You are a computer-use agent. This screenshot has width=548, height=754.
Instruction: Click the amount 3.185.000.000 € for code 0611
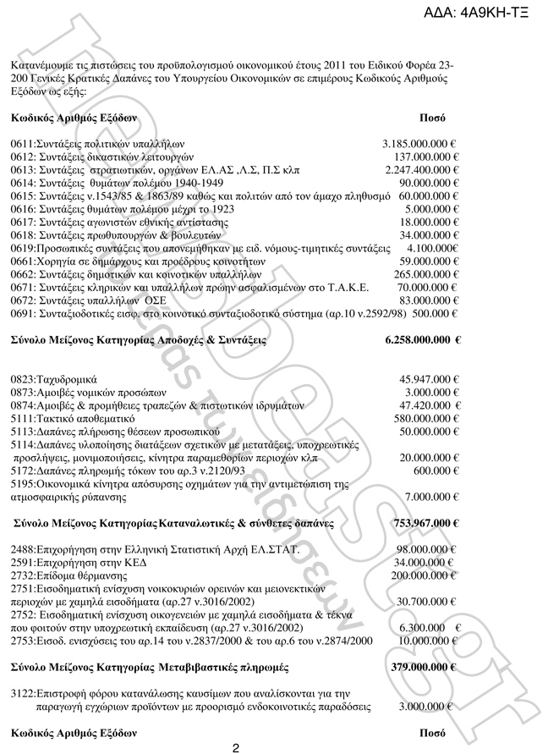419,145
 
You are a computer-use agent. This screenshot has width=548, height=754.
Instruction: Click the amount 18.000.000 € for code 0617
430,222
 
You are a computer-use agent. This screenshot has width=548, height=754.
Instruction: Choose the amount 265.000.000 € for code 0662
426,274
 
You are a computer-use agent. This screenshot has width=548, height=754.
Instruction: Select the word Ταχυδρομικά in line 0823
67,379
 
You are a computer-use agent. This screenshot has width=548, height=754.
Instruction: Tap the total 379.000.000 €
425,668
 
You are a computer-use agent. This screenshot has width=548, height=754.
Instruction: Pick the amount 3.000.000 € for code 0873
431,392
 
